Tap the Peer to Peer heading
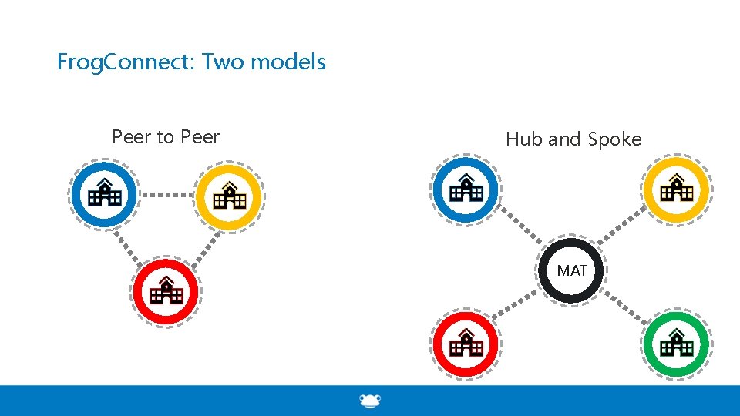(166, 137)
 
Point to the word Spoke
(614, 139)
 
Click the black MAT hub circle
(571, 271)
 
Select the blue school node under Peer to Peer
(104, 194)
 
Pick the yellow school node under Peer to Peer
(229, 197)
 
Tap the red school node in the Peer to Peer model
(166, 291)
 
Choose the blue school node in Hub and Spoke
(466, 190)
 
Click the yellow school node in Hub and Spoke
(677, 190)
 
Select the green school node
(677, 344)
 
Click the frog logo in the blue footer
(370, 401)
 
